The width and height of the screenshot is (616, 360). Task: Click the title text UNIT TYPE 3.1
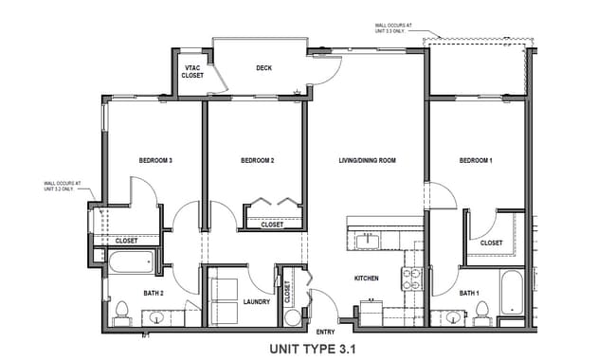point(312,348)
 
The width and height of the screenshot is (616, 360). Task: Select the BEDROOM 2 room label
point(257,161)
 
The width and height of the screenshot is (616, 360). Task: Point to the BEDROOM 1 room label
point(476,161)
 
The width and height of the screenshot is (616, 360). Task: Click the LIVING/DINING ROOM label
point(367,161)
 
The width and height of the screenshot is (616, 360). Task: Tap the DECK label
point(264,68)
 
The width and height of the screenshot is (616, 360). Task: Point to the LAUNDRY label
point(256,302)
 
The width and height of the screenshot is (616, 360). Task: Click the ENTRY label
point(325,332)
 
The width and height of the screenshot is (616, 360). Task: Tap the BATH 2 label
point(154,294)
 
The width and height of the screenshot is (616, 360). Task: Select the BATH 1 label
point(469,294)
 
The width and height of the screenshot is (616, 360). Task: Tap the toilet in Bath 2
point(122,311)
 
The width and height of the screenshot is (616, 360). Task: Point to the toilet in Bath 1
point(481,311)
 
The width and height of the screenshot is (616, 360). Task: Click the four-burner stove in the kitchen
point(413,278)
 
